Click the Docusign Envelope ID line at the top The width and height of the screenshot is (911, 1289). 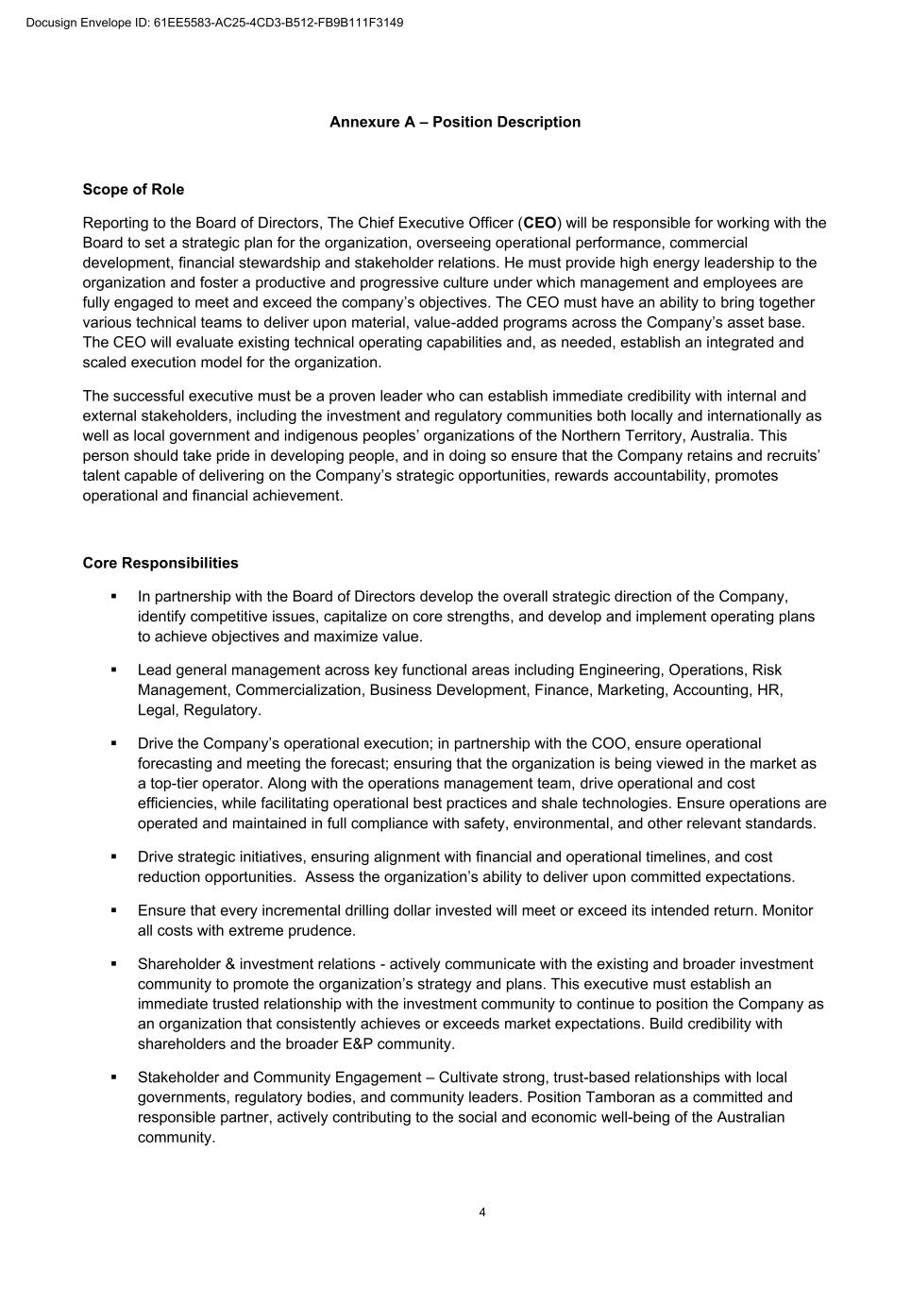(x=214, y=23)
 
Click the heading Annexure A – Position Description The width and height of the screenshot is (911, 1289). (x=455, y=122)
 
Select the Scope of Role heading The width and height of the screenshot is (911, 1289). (x=133, y=190)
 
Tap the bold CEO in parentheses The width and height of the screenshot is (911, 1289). (x=540, y=223)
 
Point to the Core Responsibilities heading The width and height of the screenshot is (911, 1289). (x=160, y=563)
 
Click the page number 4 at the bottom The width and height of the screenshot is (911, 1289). (x=482, y=1213)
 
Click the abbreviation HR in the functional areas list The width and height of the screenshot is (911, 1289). (x=768, y=690)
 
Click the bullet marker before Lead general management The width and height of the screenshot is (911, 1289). (x=113, y=670)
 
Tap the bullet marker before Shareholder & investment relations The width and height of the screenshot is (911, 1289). (x=113, y=964)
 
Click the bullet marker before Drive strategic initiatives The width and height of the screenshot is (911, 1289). (x=113, y=857)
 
